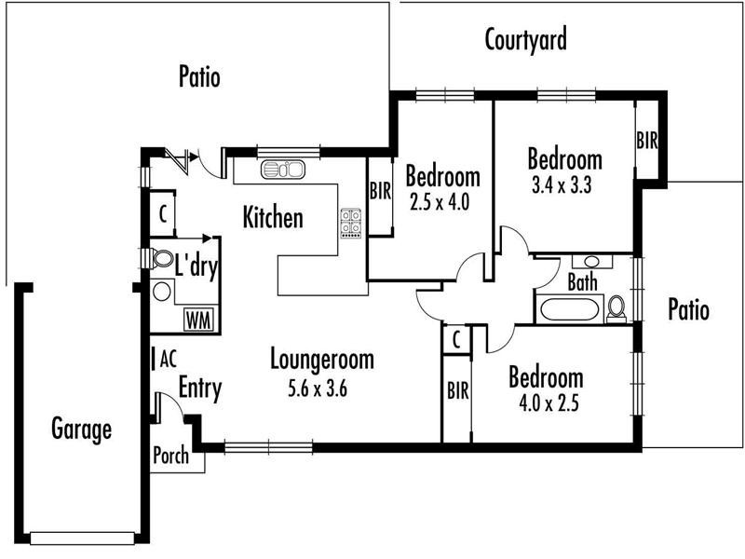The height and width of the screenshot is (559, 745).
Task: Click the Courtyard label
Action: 526,40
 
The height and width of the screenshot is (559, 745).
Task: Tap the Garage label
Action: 82,429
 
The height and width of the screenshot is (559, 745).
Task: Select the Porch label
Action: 170,456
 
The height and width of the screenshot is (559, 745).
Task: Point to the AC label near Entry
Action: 168,358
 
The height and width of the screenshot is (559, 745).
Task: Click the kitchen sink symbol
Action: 283,170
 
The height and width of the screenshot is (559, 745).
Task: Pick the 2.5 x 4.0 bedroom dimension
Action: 443,199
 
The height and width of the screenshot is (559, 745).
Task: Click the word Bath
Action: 582,282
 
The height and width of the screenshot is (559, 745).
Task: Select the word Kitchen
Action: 273,218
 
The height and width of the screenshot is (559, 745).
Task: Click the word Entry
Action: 199,388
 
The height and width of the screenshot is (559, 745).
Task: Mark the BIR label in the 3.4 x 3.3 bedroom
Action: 647,141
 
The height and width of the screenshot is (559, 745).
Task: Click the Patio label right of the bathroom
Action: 688,309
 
